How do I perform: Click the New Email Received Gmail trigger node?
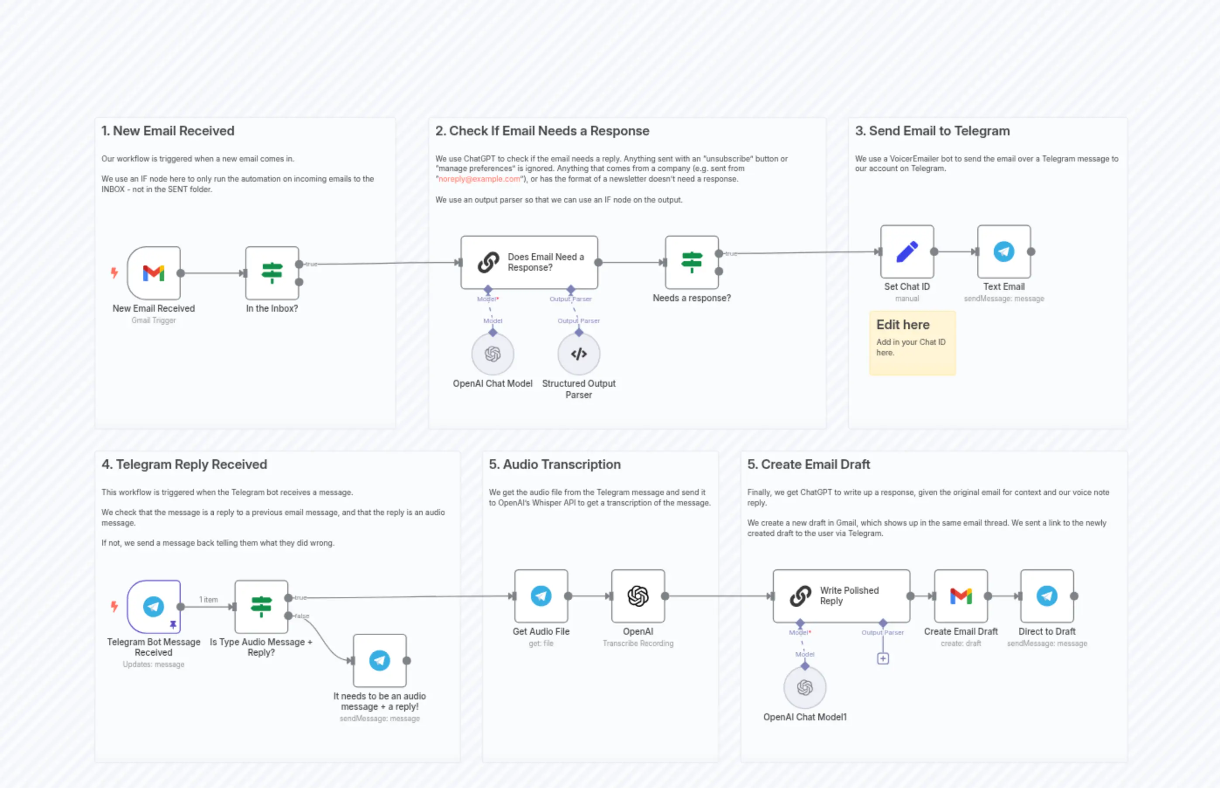point(154,273)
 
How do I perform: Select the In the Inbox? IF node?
point(272,273)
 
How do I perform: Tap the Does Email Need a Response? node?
point(529,262)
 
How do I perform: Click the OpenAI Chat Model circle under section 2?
point(492,354)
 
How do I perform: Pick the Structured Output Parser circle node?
point(578,354)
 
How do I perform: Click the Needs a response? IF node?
point(691,262)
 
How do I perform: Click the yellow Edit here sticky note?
point(912,343)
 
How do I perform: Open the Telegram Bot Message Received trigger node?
point(154,606)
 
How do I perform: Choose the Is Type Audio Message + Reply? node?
point(261,606)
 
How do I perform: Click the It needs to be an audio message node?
point(379,660)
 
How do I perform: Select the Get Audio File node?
point(541,595)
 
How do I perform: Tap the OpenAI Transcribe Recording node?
point(638,595)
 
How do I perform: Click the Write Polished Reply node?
point(841,595)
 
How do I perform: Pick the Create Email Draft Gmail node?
point(961,595)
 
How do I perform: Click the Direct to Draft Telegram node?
point(1047,595)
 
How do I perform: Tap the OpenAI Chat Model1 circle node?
point(804,687)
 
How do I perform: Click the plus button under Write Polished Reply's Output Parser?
point(883,658)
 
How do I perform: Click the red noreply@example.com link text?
point(479,179)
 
